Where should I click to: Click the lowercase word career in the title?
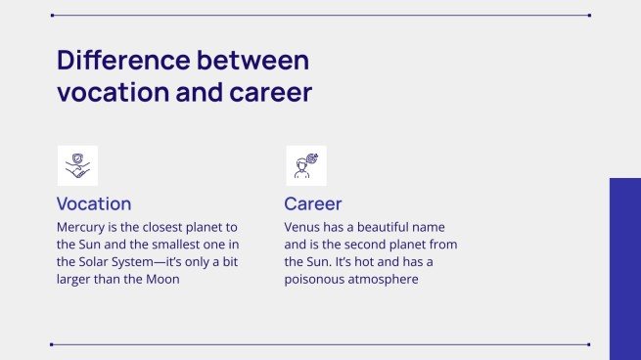(x=263, y=93)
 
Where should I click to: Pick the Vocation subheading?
(x=94, y=203)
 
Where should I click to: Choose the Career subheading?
(x=312, y=203)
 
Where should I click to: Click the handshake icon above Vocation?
(x=77, y=165)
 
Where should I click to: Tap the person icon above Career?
(x=305, y=165)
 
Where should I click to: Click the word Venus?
(x=304, y=226)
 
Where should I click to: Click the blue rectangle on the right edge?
(x=625, y=268)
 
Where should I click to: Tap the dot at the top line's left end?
(x=51, y=16)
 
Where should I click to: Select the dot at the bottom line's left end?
(x=51, y=344)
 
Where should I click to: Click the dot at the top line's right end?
(x=589, y=16)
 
